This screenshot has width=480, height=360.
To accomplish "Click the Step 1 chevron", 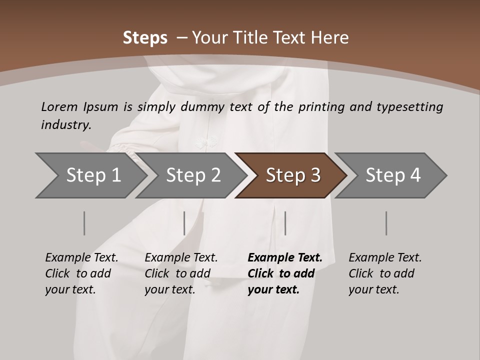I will pos(90,175).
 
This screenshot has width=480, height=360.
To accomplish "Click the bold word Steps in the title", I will pos(145,38).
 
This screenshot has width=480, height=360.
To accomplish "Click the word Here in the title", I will pos(330,38).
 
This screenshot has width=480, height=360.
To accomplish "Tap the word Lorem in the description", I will pos(59,106).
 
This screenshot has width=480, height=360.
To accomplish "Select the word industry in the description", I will pos(66,125).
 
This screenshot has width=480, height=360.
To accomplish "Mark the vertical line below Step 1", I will pos(84,223).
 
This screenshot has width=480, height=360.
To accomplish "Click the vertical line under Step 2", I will pos(184,223).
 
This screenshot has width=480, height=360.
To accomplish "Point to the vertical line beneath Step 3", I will pos(285,223).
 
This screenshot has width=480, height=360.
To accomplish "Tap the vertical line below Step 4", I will pos(386,223).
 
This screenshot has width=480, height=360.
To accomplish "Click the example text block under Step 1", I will pos(81,273).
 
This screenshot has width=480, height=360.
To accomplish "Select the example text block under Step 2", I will pos(181,273).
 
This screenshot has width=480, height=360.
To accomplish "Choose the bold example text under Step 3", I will pos(284,273).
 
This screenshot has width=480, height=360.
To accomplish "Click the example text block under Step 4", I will pos(385,273).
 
